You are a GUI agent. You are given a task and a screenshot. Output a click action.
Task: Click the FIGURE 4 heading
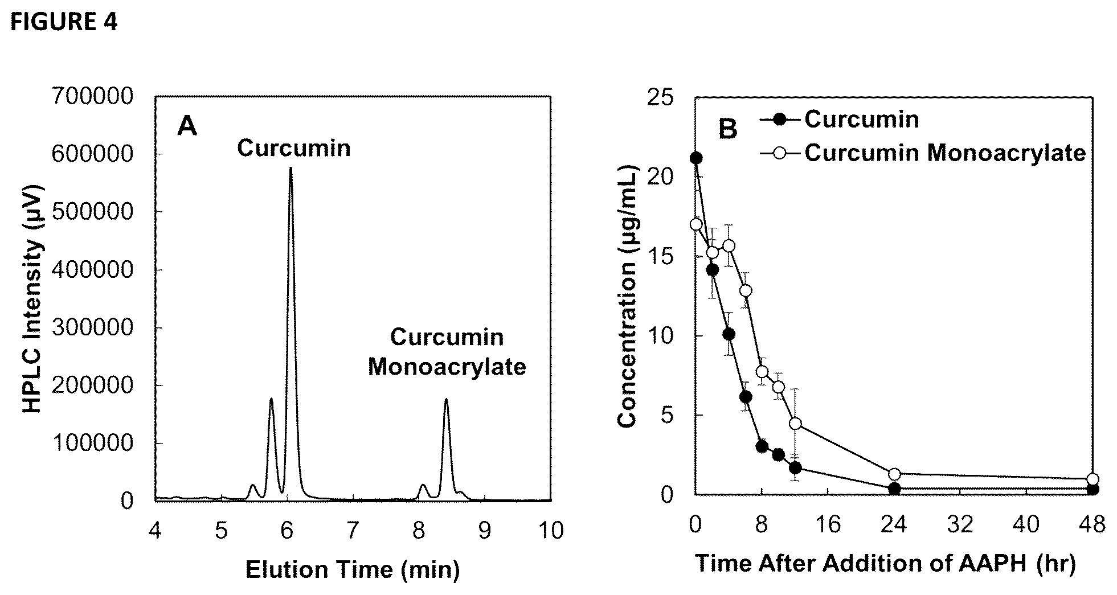tap(64, 22)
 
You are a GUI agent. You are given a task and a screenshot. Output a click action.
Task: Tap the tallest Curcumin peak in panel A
tap(290, 169)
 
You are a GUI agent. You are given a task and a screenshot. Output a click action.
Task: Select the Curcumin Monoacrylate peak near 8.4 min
tap(446, 400)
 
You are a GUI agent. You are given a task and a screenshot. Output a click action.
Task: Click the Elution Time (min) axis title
tap(352, 569)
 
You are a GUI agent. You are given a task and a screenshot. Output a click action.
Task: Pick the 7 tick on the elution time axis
tap(353, 530)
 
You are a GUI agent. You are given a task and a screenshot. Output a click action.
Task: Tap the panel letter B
tap(728, 129)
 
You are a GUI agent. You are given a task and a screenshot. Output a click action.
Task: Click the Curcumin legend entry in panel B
tap(840, 119)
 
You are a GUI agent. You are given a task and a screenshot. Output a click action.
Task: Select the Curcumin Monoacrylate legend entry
tap(923, 153)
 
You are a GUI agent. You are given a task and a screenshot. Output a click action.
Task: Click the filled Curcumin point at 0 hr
tap(695, 158)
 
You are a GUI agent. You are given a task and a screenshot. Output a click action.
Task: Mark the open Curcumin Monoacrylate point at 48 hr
tap(1093, 479)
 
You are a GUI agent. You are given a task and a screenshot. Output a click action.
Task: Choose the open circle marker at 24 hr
tap(894, 474)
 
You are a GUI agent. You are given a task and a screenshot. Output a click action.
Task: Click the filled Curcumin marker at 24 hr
tap(894, 489)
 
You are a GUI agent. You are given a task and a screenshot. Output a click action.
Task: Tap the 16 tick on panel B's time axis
tap(828, 524)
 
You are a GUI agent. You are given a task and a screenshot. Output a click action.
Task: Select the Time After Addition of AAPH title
tap(886, 564)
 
